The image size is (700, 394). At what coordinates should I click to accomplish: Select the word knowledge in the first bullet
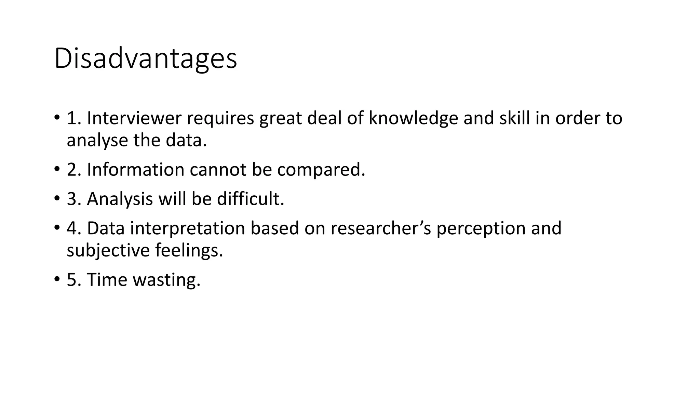coord(413,118)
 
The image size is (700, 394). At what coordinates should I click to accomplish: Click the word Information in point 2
coord(136,170)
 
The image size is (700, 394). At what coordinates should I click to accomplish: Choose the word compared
coord(321,170)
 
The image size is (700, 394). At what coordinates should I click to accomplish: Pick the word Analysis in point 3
coord(120,199)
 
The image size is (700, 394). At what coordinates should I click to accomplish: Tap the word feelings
coord(189,251)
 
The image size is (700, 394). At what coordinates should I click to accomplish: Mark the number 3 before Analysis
coord(72,199)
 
